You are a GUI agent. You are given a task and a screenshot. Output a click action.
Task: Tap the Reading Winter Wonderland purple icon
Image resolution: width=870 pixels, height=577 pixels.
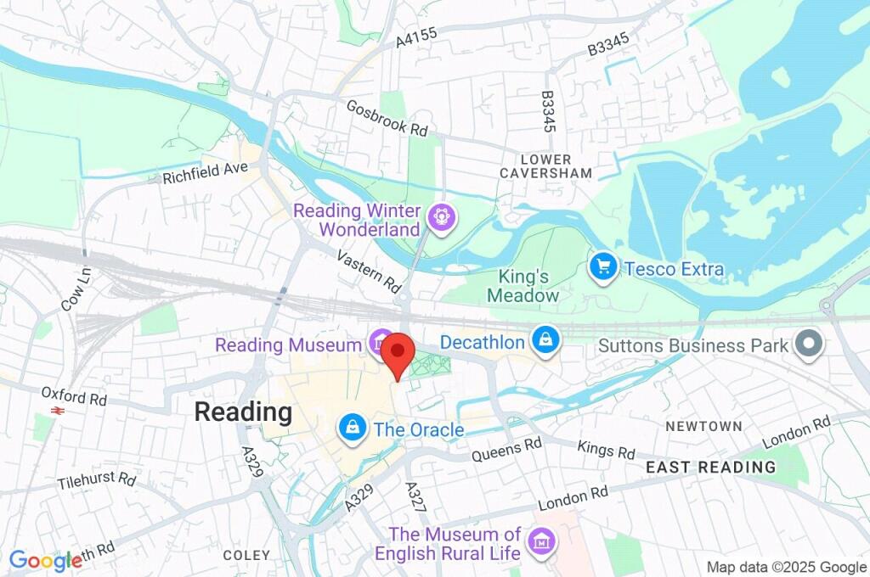click(x=443, y=218)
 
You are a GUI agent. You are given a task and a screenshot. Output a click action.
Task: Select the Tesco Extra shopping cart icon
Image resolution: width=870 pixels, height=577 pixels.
click(x=602, y=268)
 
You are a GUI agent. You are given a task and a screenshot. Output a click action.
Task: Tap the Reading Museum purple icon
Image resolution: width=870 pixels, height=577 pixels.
click(x=380, y=344)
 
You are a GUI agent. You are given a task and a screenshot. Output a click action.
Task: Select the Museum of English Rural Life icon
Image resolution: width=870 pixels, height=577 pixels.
click(x=540, y=541)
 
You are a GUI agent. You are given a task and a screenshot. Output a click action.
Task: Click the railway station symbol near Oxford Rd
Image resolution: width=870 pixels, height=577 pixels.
click(x=59, y=410)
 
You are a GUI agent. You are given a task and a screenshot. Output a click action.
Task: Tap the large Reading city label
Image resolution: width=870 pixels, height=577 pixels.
click(x=243, y=412)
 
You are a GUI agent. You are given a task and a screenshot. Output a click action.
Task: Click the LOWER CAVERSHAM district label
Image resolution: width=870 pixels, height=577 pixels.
click(x=546, y=166)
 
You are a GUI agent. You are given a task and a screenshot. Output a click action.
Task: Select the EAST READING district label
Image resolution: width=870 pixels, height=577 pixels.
click(x=710, y=467)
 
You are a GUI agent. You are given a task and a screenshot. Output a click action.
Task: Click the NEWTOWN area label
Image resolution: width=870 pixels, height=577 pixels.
click(x=703, y=426)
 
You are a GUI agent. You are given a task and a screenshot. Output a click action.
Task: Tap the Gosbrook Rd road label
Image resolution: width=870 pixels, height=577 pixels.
click(x=387, y=119)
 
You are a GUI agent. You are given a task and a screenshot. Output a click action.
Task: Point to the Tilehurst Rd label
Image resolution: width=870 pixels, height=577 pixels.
click(x=97, y=481)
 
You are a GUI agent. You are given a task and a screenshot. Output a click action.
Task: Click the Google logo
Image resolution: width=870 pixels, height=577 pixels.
click(x=45, y=560)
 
